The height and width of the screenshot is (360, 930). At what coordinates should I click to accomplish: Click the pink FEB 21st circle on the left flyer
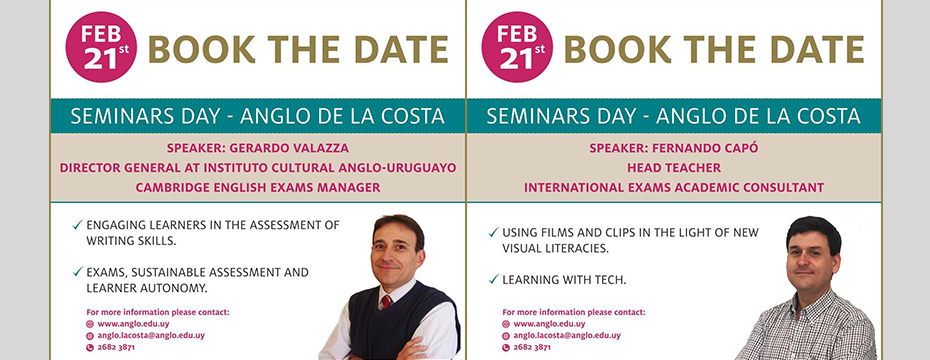[x=101, y=47]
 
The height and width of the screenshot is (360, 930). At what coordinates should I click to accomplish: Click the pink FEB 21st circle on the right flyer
[x=517, y=47]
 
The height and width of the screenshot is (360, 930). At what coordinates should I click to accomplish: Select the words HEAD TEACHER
[x=674, y=168]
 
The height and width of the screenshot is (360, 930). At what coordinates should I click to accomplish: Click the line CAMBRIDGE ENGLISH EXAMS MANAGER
[x=258, y=187]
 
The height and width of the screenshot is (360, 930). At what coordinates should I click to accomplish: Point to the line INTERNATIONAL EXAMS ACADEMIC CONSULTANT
[x=674, y=187]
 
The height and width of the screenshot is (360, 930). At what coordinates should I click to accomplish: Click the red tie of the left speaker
[x=387, y=301]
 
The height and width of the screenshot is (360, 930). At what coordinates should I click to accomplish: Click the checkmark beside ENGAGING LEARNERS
[x=78, y=225]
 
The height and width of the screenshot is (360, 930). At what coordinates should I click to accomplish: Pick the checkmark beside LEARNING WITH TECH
[x=493, y=279]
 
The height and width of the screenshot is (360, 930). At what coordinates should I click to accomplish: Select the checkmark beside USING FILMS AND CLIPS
[x=493, y=232]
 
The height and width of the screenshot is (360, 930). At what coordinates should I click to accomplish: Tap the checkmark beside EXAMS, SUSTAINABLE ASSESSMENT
[x=78, y=272]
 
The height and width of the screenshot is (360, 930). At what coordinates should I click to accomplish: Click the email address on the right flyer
[x=567, y=335]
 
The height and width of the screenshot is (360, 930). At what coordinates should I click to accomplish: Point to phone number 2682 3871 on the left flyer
[x=116, y=347]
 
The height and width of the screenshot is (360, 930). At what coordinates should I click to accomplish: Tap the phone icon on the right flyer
[x=506, y=347]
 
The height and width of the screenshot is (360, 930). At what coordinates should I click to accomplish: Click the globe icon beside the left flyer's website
[x=90, y=324]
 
